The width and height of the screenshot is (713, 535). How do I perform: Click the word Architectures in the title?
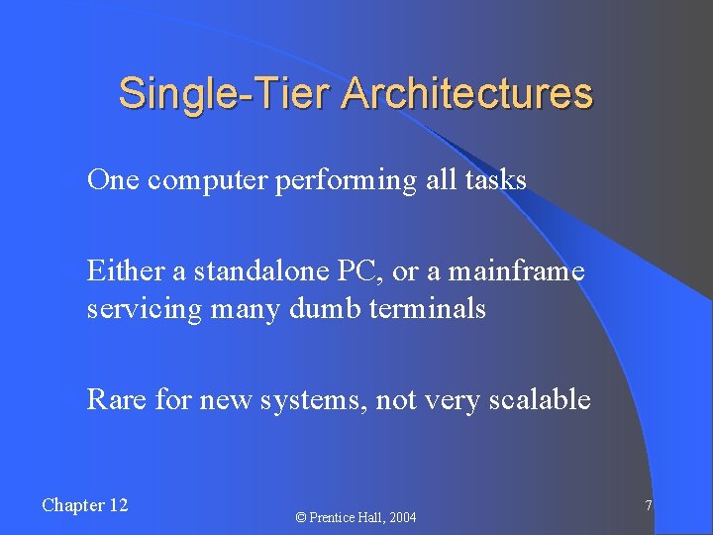pyautogui.click(x=467, y=94)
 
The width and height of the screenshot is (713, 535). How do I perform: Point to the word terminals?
pyautogui.click(x=428, y=308)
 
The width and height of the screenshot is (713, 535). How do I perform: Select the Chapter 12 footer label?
pyautogui.click(x=85, y=505)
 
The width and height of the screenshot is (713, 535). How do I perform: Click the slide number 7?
pyautogui.click(x=648, y=506)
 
